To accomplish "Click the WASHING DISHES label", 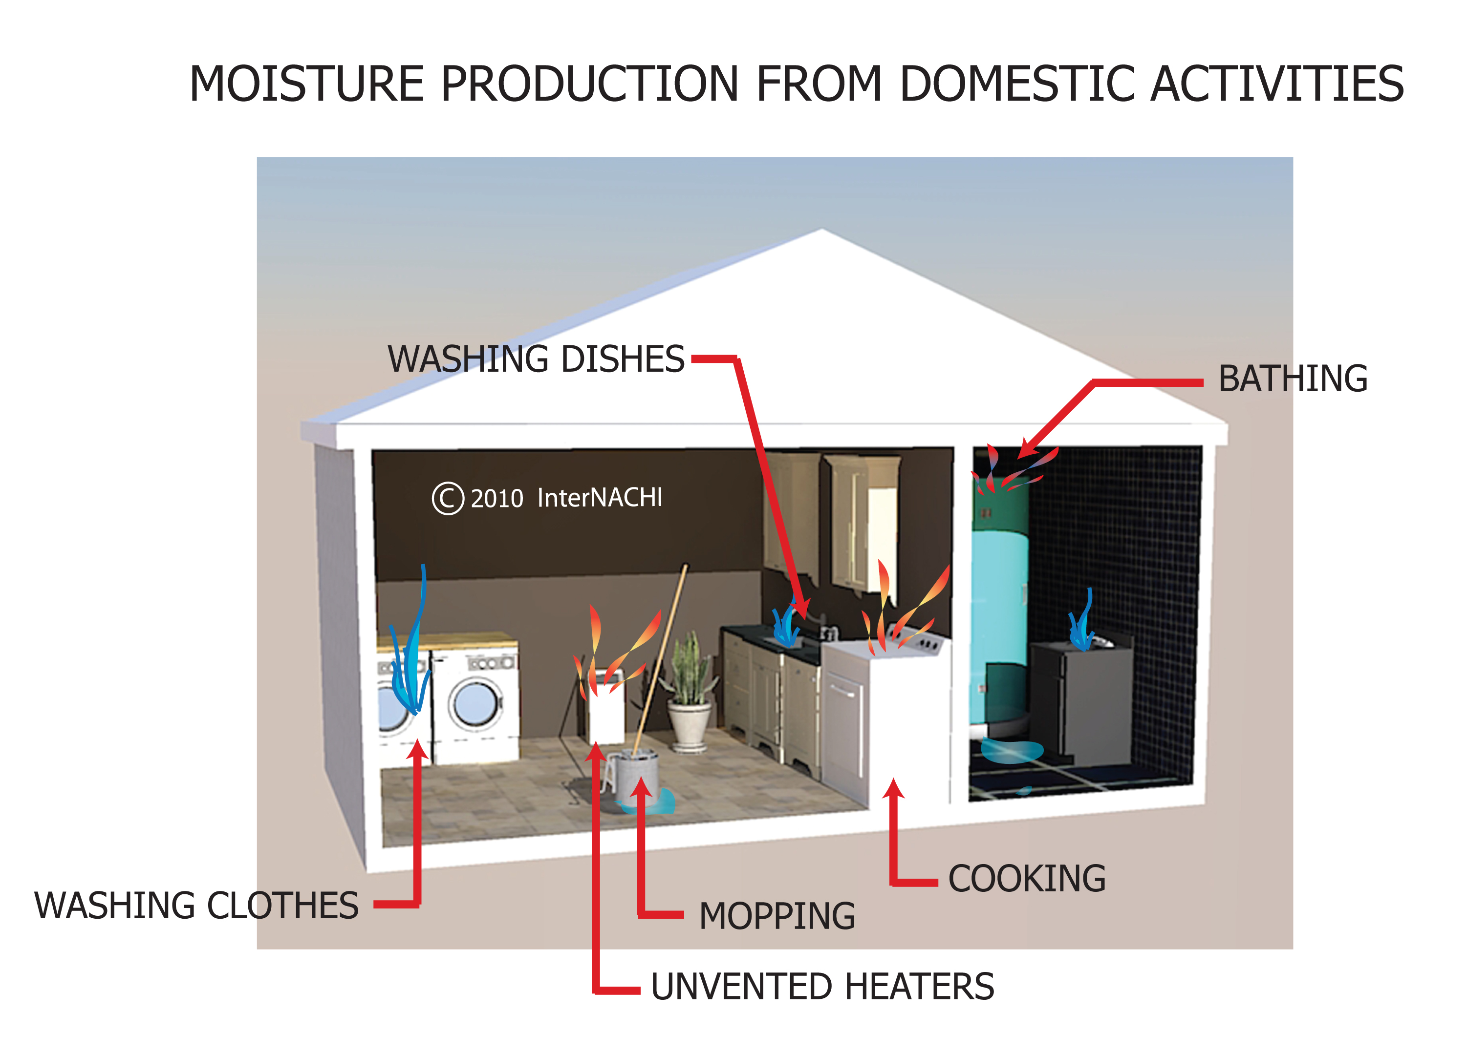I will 536,359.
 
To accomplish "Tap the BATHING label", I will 1293,379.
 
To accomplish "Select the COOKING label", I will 1027,879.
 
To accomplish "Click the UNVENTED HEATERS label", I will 822,987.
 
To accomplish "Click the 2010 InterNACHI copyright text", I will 547,498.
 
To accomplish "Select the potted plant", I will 690,692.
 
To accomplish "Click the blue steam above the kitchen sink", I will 785,624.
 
